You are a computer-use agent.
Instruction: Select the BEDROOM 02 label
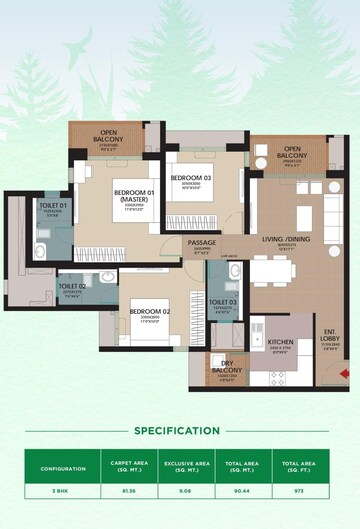point(149,312)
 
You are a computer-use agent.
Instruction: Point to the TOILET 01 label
point(53,207)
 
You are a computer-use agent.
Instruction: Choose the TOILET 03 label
point(223,302)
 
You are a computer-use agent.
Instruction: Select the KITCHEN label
point(281,342)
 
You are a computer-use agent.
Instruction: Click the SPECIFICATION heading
point(176,431)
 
